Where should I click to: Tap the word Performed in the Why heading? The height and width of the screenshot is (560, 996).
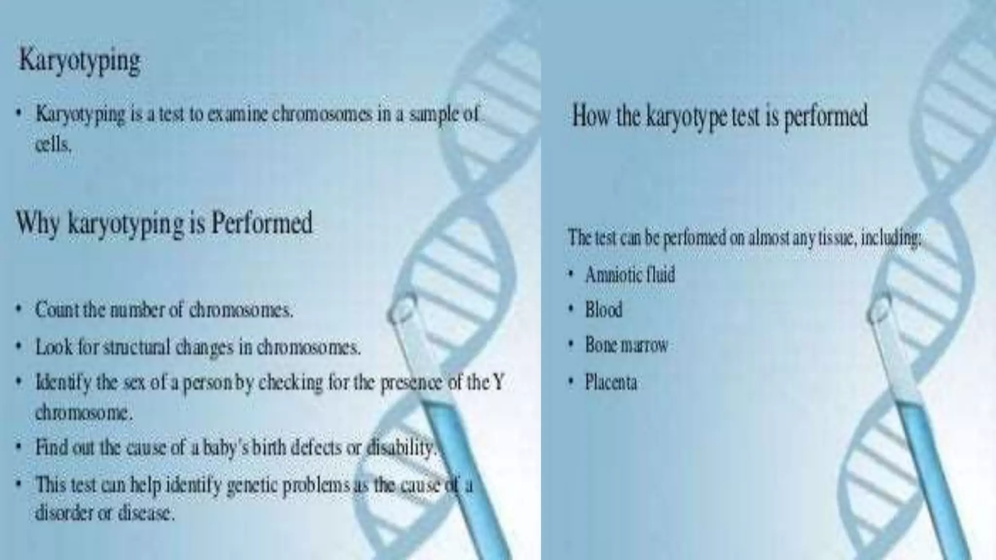pyautogui.click(x=262, y=224)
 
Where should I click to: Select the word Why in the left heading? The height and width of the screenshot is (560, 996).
pyautogui.click(x=38, y=224)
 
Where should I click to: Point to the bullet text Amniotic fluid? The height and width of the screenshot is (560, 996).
pyautogui.click(x=630, y=275)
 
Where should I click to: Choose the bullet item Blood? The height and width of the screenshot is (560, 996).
pyautogui.click(x=604, y=310)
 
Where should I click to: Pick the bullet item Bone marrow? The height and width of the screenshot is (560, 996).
pyautogui.click(x=626, y=345)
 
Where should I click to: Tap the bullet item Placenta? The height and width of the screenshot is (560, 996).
pyautogui.click(x=611, y=382)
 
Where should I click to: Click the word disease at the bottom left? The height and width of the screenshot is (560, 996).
pyautogui.click(x=146, y=513)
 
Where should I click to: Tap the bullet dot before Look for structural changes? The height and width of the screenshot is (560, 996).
pyautogui.click(x=18, y=347)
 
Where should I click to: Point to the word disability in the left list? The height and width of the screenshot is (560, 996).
pyautogui.click(x=399, y=447)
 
